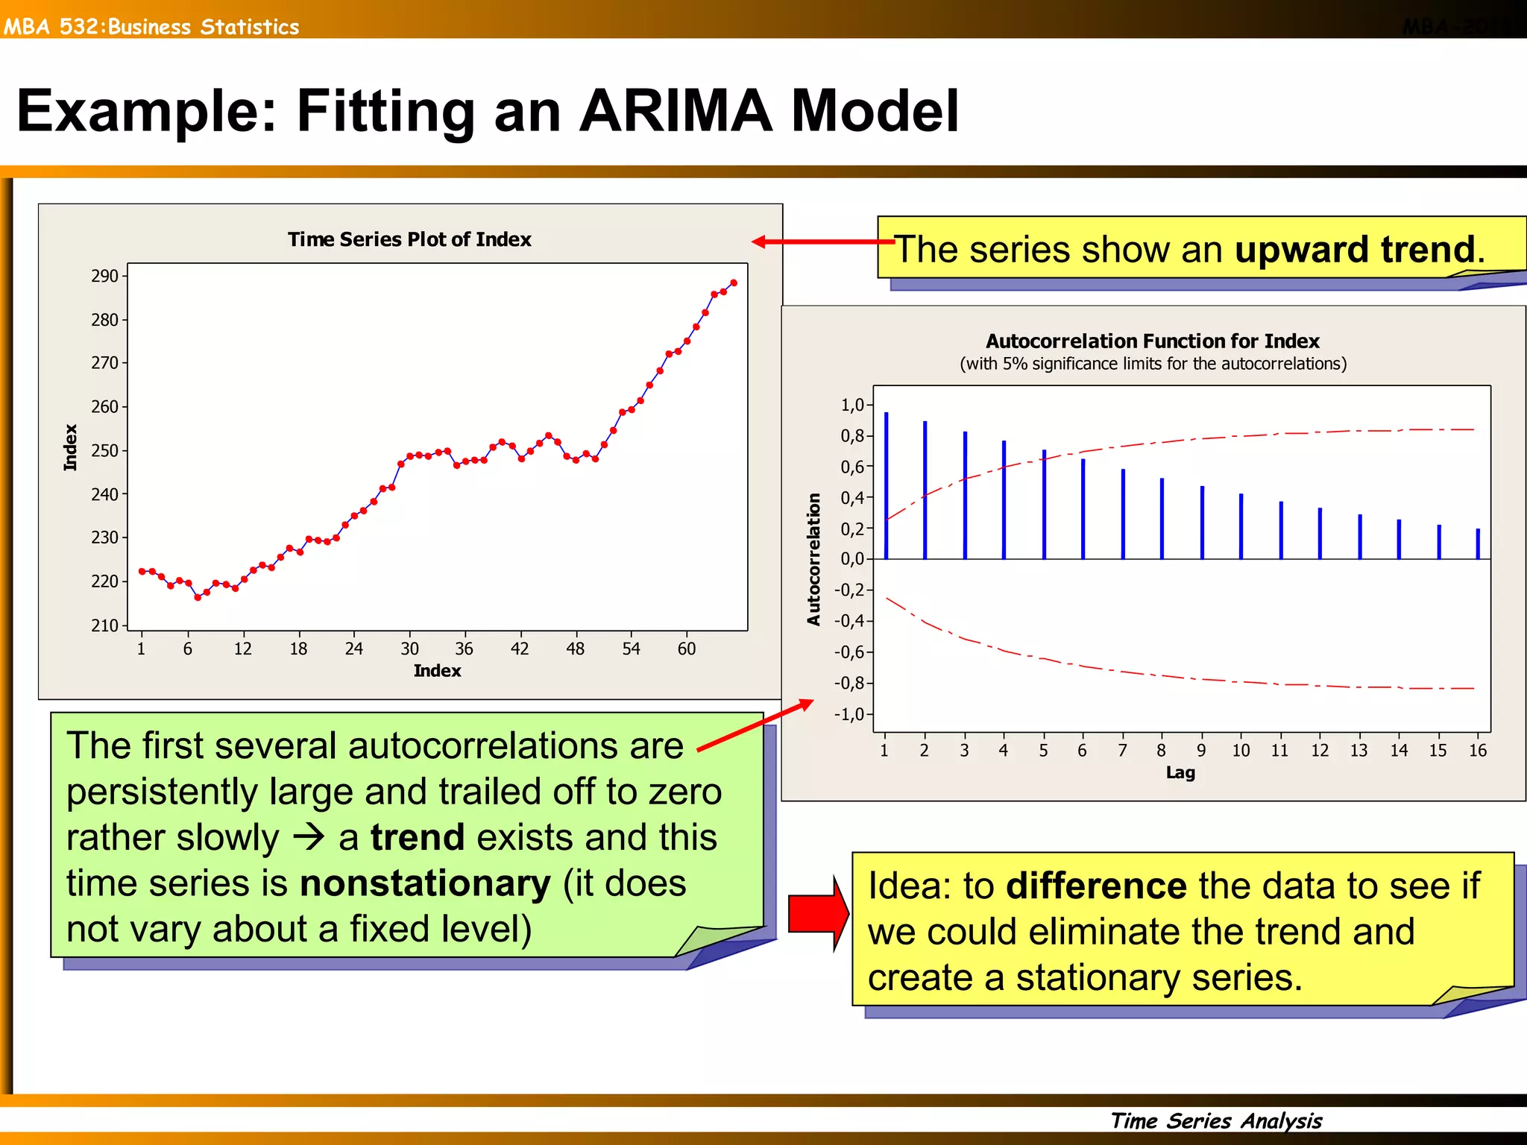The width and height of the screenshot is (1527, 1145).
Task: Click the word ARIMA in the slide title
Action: point(675,112)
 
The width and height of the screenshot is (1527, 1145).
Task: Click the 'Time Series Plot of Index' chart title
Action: point(409,239)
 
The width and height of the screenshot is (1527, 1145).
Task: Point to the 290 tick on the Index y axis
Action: point(105,277)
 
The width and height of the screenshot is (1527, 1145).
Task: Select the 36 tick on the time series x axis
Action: point(464,649)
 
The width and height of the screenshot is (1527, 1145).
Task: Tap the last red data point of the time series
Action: point(734,283)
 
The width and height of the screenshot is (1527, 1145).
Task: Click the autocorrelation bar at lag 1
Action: point(886,486)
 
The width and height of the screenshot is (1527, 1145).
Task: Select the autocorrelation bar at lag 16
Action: point(1478,544)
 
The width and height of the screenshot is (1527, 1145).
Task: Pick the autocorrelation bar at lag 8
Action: point(1162,519)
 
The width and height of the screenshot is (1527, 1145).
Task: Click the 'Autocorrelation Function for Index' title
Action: point(1152,341)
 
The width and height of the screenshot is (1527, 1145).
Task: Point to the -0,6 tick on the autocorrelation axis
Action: point(848,652)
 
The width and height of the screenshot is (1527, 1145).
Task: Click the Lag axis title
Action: point(1180,773)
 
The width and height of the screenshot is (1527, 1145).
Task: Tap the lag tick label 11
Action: point(1279,751)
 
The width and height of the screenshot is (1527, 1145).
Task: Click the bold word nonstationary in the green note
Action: point(425,884)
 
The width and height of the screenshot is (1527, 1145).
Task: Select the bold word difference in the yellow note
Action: point(1096,886)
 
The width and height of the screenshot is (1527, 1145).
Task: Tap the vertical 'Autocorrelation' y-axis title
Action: point(813,559)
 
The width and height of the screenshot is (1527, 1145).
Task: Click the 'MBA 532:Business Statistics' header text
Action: point(151,27)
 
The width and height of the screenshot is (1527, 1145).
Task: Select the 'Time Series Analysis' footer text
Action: point(1216,1120)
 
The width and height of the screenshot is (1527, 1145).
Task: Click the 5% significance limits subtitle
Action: point(1153,364)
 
